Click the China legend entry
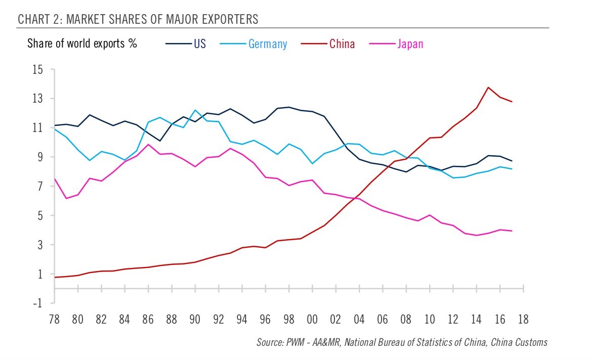[342, 43]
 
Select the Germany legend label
[267, 43]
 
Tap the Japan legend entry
[410, 43]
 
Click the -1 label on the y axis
[37, 303]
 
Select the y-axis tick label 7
[40, 186]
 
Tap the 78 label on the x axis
[54, 320]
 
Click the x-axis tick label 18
[523, 320]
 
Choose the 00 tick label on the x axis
[312, 320]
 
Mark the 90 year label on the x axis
[195, 320]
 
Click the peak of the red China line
[488, 87]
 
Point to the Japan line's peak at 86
[148, 144]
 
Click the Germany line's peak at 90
[195, 110]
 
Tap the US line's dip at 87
[160, 141]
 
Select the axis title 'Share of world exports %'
[82, 43]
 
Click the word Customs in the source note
[531, 342]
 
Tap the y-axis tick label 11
[37, 127]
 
